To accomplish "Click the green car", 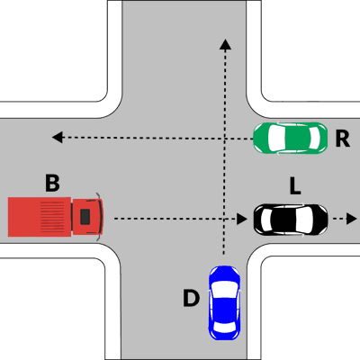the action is pyautogui.click(x=290, y=138).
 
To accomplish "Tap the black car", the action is pyautogui.click(x=291, y=220).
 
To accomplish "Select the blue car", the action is pyautogui.click(x=224, y=302).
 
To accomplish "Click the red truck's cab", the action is pyautogui.click(x=87, y=217).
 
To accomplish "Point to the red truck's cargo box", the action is pyautogui.click(x=40, y=217).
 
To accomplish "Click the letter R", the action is pyautogui.click(x=343, y=139).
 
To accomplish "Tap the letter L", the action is pyautogui.click(x=295, y=185).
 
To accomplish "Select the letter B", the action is pyautogui.click(x=52, y=183).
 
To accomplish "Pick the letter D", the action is pyautogui.click(x=191, y=298).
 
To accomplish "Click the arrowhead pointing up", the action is pyautogui.click(x=225, y=43).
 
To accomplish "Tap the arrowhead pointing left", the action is pyautogui.click(x=58, y=138).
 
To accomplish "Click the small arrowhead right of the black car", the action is pyautogui.click(x=351, y=219).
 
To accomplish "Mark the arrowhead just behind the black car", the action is pyautogui.click(x=241, y=219).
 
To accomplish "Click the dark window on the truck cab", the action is pyautogui.click(x=85, y=217).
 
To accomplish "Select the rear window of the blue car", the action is pyautogui.click(x=224, y=328).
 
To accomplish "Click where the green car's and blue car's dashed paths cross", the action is pyautogui.click(x=224, y=138).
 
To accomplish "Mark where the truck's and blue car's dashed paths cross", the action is pyautogui.click(x=224, y=219).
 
